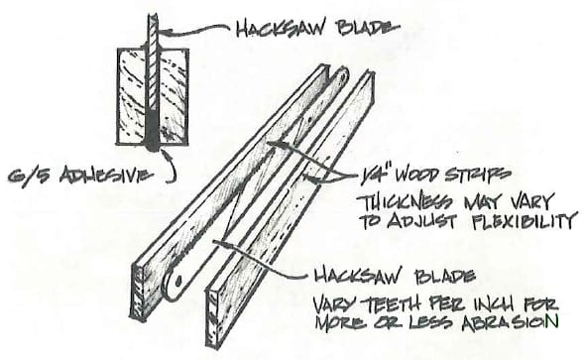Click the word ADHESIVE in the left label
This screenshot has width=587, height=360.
(x=107, y=176)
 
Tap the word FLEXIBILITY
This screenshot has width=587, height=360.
(x=524, y=220)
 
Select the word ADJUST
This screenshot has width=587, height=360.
(x=420, y=221)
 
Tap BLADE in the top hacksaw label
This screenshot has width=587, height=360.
(x=368, y=28)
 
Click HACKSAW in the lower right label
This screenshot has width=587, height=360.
(x=358, y=276)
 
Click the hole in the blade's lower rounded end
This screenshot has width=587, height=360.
(x=178, y=281)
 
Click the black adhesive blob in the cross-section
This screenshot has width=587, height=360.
(x=153, y=130)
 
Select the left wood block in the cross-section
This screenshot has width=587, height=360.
(x=132, y=96)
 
